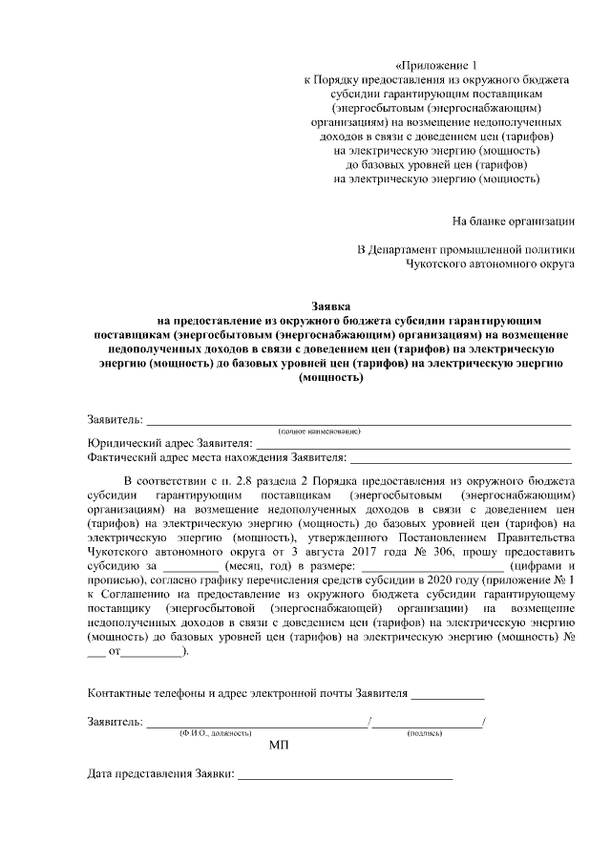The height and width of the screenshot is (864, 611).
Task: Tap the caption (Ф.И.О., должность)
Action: click(215, 733)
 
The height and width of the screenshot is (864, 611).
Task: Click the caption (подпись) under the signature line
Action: click(424, 733)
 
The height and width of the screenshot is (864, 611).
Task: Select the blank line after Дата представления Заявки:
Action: click(345, 780)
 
